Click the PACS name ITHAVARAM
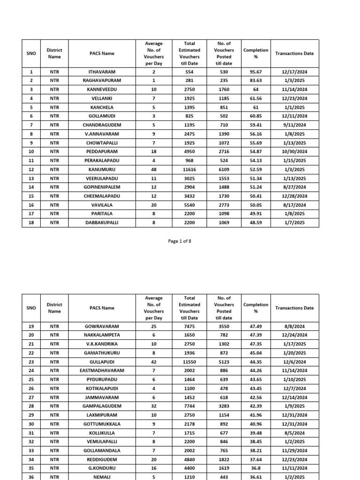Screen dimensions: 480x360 click(x=102, y=72)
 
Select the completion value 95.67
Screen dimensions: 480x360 click(x=255, y=72)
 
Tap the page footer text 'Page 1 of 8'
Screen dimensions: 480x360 click(x=180, y=241)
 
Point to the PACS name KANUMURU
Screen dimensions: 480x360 click(x=102, y=169)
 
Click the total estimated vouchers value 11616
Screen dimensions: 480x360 click(x=189, y=169)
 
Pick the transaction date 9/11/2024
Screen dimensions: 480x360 click(x=294, y=125)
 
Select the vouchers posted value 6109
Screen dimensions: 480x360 click(x=224, y=169)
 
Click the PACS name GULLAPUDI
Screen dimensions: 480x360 click(x=102, y=361)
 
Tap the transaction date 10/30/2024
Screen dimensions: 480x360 click(x=294, y=152)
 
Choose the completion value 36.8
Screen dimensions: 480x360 click(x=255, y=468)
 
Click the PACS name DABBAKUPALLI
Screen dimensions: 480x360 click(x=102, y=223)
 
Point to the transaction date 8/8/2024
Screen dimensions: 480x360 click(x=294, y=326)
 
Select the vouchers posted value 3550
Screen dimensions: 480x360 click(x=224, y=326)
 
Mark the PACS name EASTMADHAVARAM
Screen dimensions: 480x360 click(x=102, y=370)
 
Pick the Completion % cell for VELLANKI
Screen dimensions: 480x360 click(x=255, y=98)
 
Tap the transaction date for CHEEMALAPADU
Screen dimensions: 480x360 click(x=294, y=196)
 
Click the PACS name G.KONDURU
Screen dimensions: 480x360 click(x=102, y=468)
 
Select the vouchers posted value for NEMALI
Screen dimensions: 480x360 click(x=224, y=476)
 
